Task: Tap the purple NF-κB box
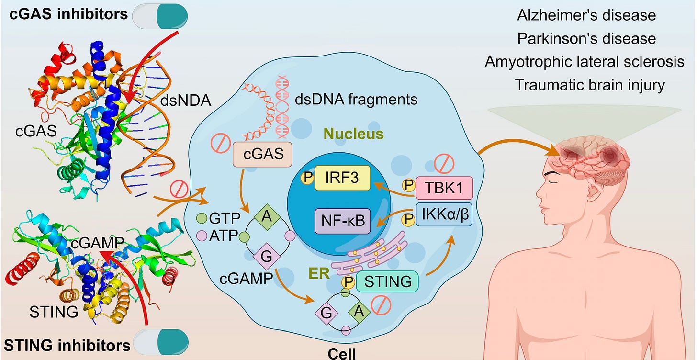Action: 342,221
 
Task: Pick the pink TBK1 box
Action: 444,188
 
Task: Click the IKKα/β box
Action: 444,215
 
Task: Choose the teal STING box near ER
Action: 388,281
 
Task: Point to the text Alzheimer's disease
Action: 586,15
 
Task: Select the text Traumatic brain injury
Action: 590,85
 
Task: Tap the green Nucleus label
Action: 359,135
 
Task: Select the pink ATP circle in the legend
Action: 202,235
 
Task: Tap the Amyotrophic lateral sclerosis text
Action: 585,62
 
